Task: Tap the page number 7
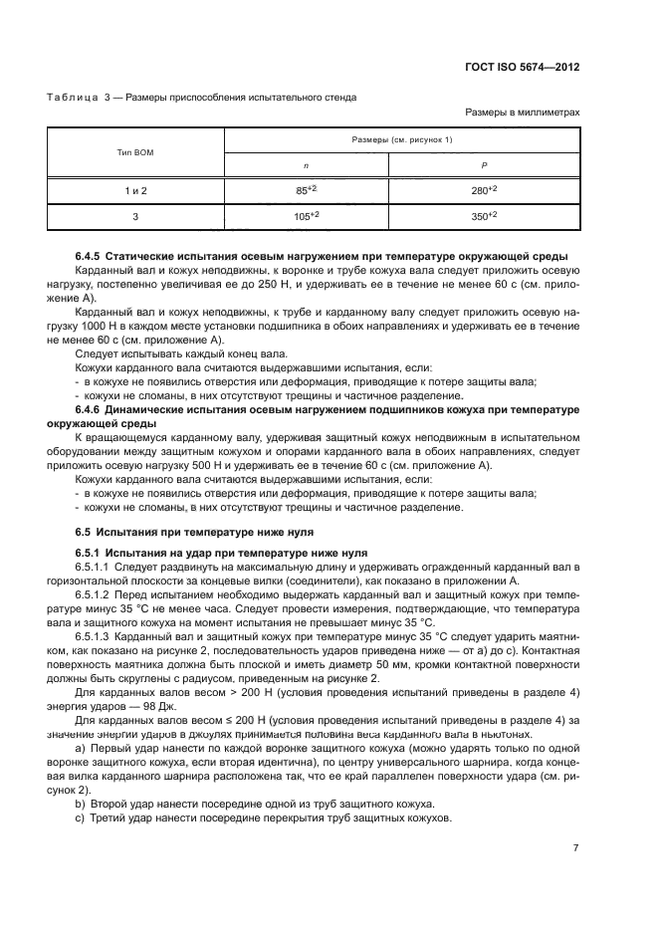(576, 848)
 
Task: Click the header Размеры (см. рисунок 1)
(402, 140)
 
